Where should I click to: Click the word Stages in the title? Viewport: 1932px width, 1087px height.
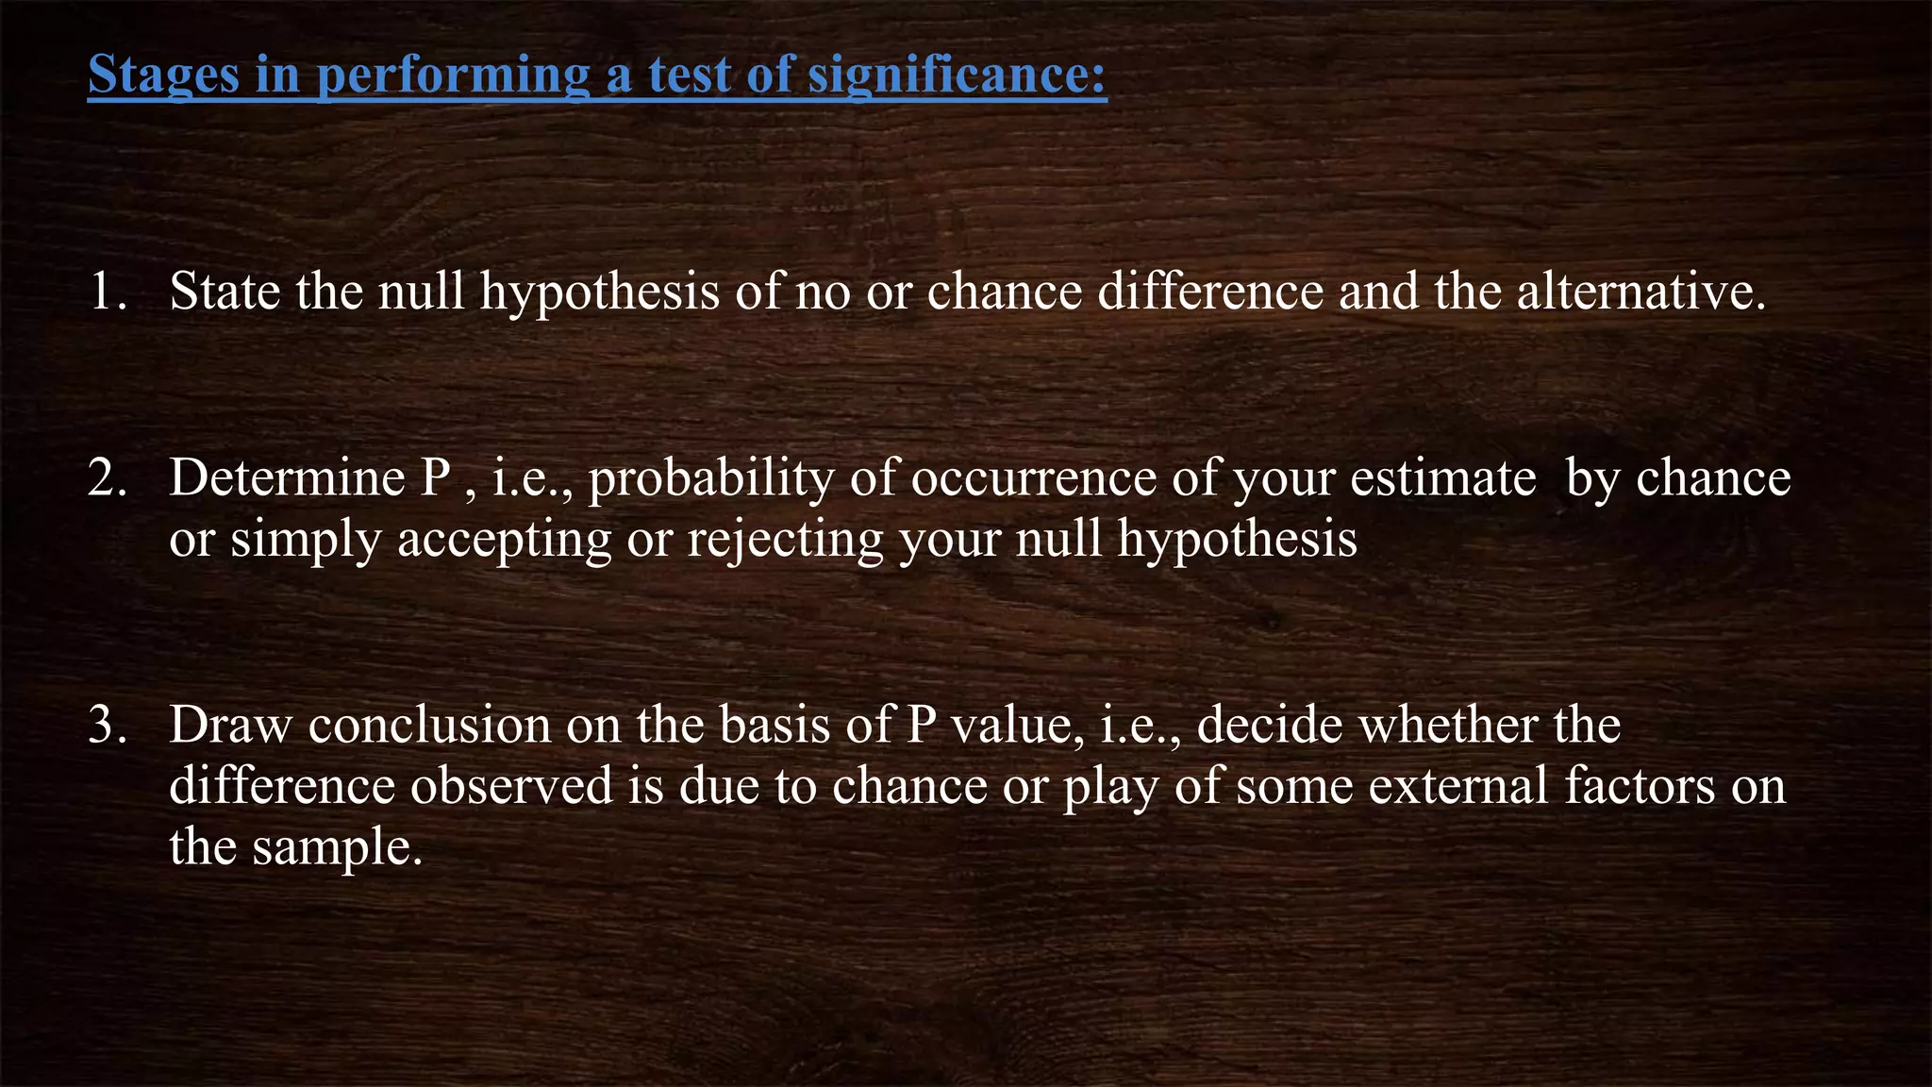coord(163,74)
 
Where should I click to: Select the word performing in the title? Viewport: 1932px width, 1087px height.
coord(453,74)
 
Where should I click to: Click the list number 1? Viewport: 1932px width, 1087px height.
coord(107,291)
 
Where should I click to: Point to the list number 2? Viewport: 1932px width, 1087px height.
coord(107,477)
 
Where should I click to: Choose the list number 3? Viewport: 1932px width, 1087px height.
coord(107,725)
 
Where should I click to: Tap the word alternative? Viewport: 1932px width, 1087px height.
coord(1641,291)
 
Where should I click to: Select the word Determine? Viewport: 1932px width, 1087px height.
coord(288,477)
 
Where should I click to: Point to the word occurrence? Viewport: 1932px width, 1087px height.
coord(1033,477)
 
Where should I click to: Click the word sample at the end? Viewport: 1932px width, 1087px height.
coord(336,846)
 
